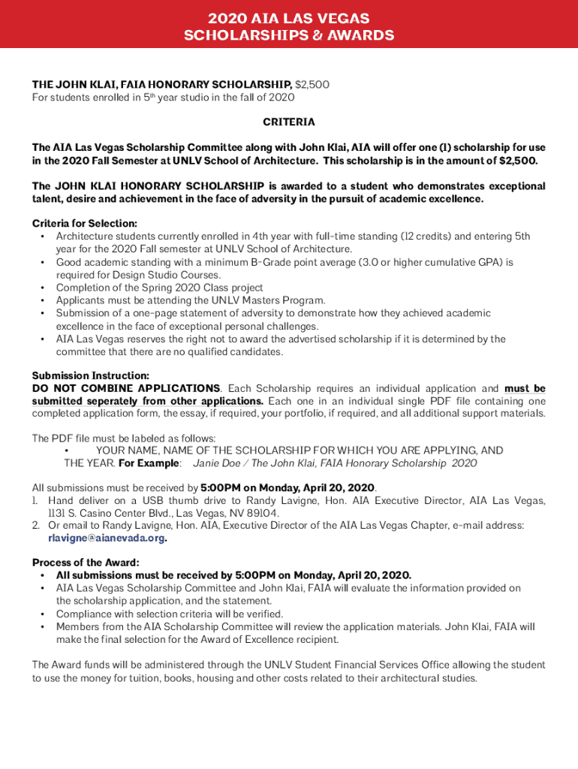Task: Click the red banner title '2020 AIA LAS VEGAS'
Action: [288, 18]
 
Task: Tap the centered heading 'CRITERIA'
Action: [288, 122]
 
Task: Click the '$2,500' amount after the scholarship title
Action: [312, 85]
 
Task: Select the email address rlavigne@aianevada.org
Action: [106, 538]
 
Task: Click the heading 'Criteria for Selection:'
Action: [84, 223]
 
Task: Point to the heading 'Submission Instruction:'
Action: [90, 375]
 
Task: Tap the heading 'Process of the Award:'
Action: [86, 562]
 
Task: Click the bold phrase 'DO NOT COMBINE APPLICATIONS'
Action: [126, 388]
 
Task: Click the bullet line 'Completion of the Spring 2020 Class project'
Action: [159, 288]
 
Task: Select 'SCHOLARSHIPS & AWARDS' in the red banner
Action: [288, 35]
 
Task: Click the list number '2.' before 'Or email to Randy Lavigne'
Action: [36, 525]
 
